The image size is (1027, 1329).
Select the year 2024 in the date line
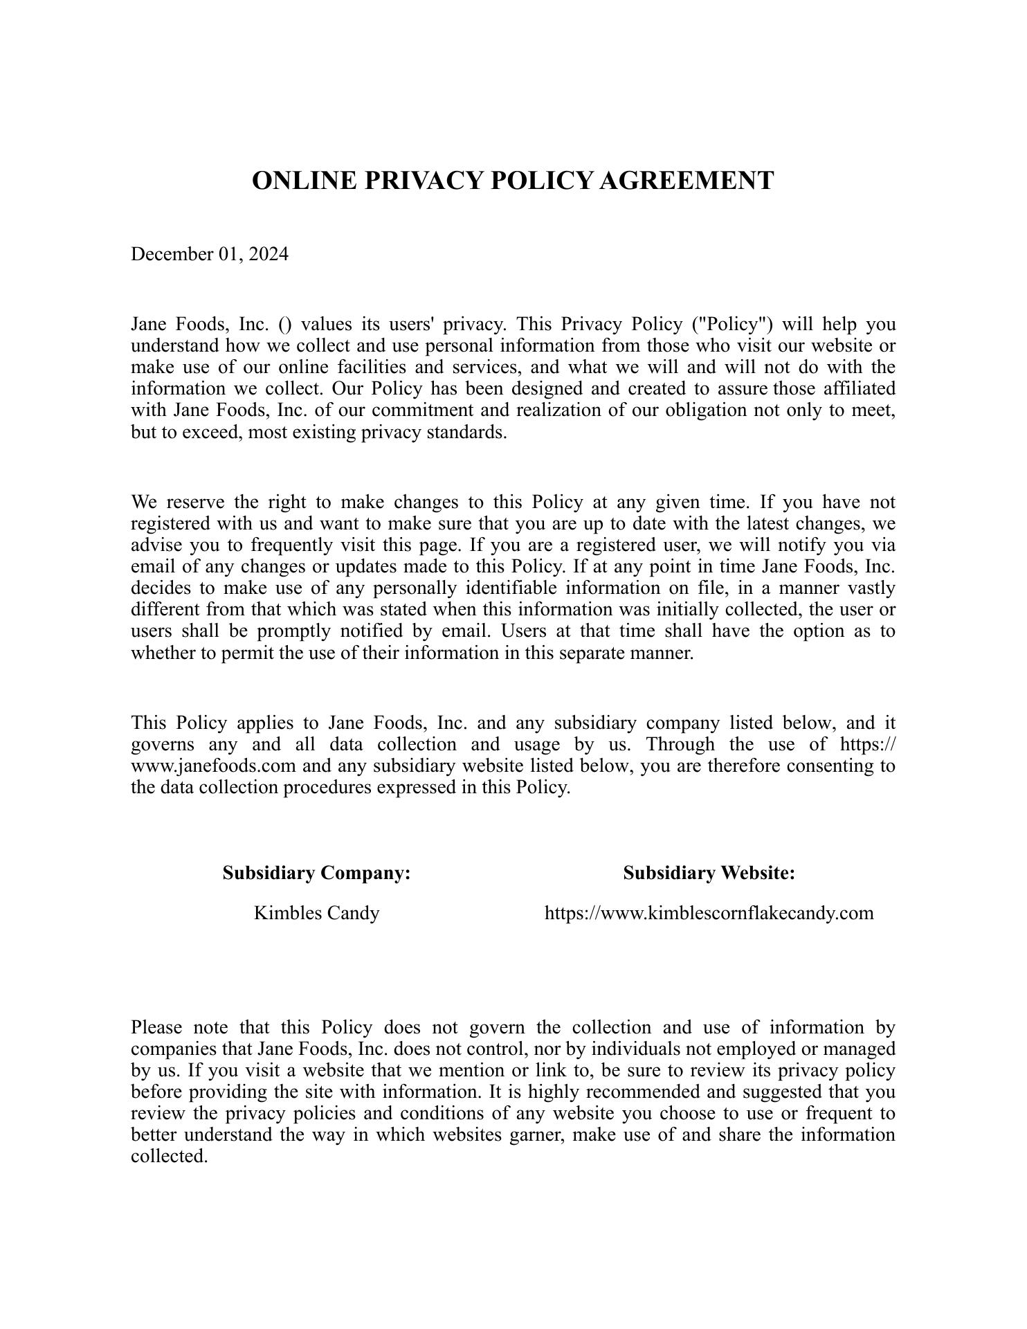pyautogui.click(x=269, y=255)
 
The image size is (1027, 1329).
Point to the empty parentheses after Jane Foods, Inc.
pyautogui.click(x=284, y=325)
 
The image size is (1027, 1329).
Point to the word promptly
pyautogui.click(x=301, y=631)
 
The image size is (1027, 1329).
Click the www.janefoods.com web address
pyautogui.click(x=213, y=766)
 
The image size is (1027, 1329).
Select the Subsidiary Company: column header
pyautogui.click(x=317, y=874)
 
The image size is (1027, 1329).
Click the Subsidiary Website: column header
pyautogui.click(x=709, y=874)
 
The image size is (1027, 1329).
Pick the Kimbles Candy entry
pyautogui.click(x=317, y=914)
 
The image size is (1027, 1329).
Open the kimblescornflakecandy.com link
pyautogui.click(x=709, y=914)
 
